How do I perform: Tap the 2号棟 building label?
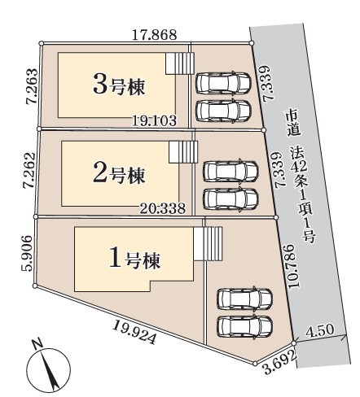[x=119, y=174]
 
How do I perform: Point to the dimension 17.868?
[x=154, y=35]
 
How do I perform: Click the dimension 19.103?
[x=154, y=120]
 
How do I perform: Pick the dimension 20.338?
[x=163, y=208]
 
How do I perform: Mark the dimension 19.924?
[x=134, y=332]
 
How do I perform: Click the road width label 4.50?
[x=320, y=330]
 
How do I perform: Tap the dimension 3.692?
[x=280, y=362]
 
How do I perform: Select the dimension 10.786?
[x=291, y=267]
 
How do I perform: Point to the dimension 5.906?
[x=27, y=253]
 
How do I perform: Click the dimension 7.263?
[x=32, y=86]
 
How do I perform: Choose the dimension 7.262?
[x=29, y=170]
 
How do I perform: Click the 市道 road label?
[x=293, y=124]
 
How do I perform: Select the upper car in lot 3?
[x=223, y=83]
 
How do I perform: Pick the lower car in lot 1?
[x=245, y=326]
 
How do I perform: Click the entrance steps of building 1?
[x=208, y=244]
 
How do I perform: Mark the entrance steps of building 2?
[x=183, y=152]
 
